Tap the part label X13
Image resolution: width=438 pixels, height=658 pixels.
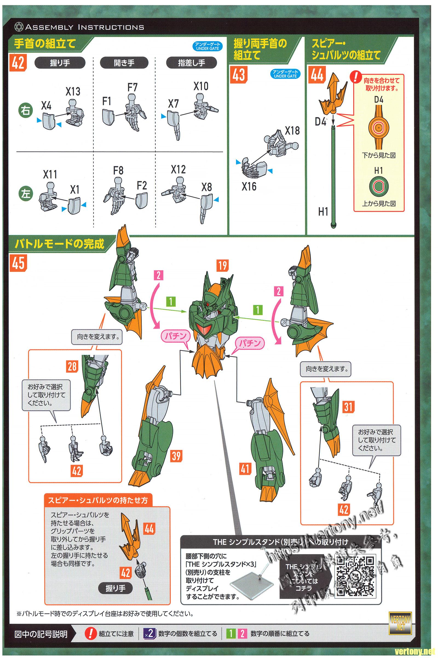coord(73,91)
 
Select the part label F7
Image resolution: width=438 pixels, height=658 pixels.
coord(132,87)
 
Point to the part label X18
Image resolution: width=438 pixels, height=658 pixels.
coord(292,131)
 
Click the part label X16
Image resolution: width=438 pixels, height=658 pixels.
coord(249,186)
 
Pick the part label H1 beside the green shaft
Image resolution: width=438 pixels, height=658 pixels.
coord(323,212)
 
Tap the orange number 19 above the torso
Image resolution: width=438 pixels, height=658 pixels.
coord(223,265)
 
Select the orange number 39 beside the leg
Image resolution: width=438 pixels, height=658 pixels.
coord(176,456)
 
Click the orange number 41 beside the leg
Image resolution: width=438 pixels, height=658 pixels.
coord(245,469)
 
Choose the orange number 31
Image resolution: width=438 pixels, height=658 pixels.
coord(348,406)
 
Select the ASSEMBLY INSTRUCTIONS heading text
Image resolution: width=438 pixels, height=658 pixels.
coord(84,27)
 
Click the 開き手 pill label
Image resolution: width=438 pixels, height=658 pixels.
coord(124,63)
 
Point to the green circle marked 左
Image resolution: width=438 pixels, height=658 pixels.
coord(25,194)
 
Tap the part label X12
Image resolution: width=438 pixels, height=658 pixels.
coord(178,169)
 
